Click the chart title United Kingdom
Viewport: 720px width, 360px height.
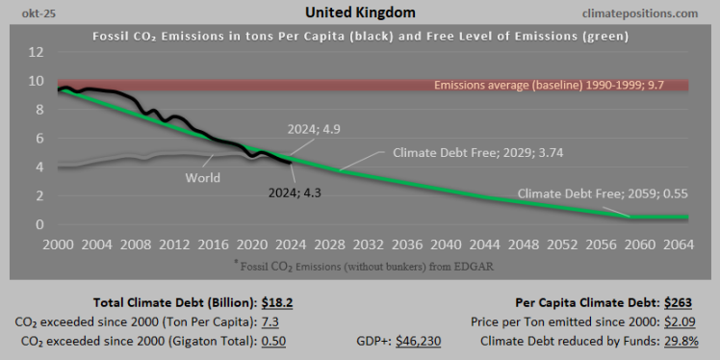[360, 13]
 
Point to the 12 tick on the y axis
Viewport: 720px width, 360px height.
[36, 52]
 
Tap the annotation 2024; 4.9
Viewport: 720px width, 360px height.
[313, 128]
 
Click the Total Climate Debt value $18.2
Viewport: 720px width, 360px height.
[277, 301]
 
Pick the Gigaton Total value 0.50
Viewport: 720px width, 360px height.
[274, 340]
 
